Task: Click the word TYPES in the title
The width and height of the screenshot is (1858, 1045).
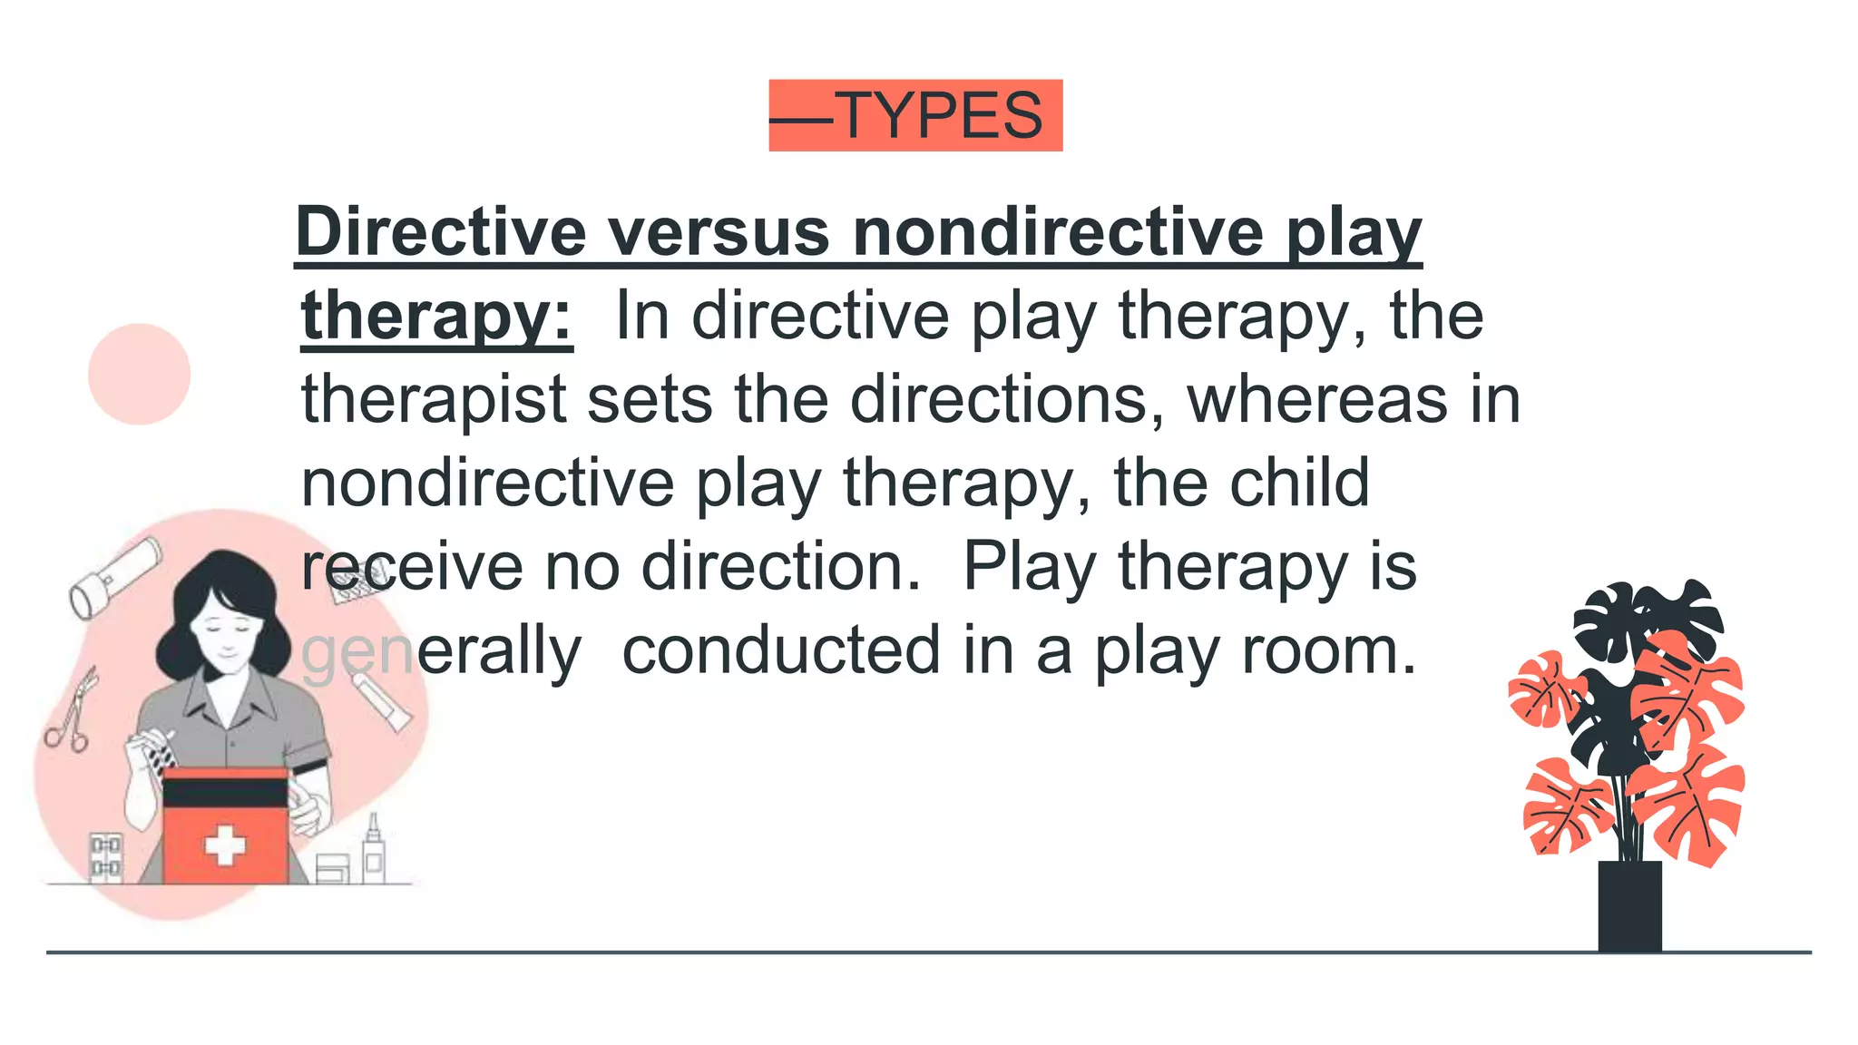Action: click(x=942, y=116)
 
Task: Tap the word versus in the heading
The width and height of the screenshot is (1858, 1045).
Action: click(x=719, y=232)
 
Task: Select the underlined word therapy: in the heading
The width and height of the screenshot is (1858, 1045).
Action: click(x=436, y=316)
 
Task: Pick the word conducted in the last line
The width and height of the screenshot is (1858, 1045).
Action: click(x=781, y=650)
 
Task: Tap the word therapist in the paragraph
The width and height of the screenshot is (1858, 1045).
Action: click(x=434, y=399)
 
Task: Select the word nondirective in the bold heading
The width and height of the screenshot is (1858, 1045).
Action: click(x=1058, y=232)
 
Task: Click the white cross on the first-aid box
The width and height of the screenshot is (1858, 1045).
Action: click(x=224, y=845)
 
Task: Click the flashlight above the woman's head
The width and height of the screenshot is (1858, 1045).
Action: click(x=113, y=577)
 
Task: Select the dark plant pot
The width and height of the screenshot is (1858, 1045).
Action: click(x=1629, y=905)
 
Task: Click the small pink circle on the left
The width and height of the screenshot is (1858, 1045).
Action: click(x=139, y=374)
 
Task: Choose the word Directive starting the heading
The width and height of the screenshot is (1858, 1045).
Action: click(x=441, y=232)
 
